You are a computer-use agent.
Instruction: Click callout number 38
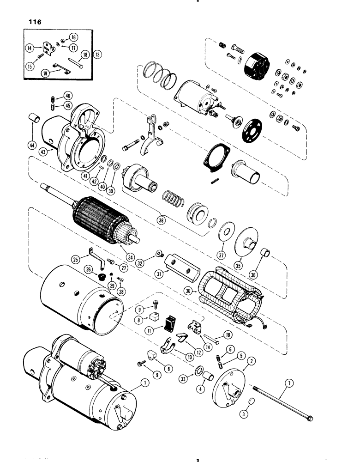point(161,221)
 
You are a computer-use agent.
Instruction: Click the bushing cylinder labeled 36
point(264,255)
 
